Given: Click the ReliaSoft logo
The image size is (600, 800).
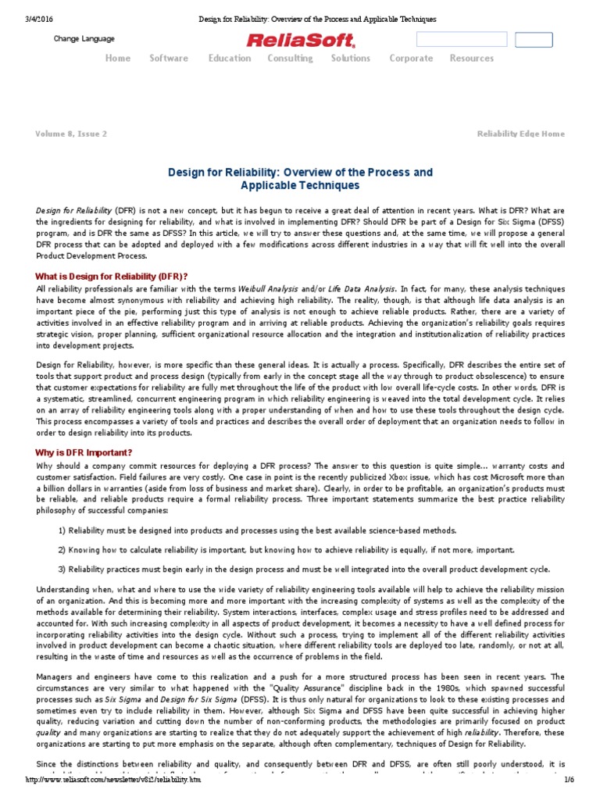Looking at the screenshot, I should [x=300, y=41].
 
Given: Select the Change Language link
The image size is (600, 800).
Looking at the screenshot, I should [x=84, y=39].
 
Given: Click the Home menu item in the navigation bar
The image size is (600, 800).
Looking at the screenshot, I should [x=118, y=59].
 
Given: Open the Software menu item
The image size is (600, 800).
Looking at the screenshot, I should [x=169, y=59].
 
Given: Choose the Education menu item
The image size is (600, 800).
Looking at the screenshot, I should [x=230, y=59].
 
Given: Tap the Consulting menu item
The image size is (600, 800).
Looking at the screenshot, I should [x=290, y=59].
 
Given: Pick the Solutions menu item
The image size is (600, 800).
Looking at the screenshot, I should [x=351, y=59].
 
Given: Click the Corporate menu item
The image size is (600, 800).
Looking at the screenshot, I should [x=411, y=59].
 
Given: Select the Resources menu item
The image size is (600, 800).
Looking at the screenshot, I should [x=472, y=59].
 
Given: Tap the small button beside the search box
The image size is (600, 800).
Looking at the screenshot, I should [x=534, y=40].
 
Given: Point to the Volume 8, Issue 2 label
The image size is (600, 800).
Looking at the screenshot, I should [x=71, y=134].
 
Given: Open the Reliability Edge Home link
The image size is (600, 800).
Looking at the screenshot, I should [x=520, y=134].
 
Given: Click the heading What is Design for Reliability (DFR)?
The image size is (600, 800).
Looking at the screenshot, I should [x=112, y=277].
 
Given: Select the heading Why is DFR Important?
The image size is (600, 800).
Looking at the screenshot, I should [x=84, y=453].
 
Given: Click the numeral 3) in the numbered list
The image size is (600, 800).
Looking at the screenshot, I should [x=62, y=569].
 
